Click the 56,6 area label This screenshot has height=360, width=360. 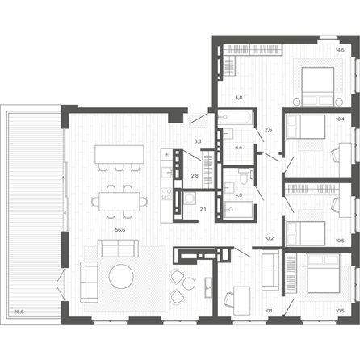pyautogui.click(x=120, y=230)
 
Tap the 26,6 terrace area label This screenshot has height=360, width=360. pyautogui.click(x=19, y=312)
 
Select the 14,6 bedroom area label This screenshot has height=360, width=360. pyautogui.click(x=340, y=50)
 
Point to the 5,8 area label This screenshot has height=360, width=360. pyautogui.click(x=239, y=98)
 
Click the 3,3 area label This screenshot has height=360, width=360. pyautogui.click(x=198, y=140)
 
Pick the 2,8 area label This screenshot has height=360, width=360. pyautogui.click(x=195, y=176)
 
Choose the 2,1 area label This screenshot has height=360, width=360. pyautogui.click(x=203, y=209)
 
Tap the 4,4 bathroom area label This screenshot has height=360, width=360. pyautogui.click(x=238, y=147)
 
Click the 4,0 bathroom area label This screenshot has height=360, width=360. pyautogui.click(x=238, y=195)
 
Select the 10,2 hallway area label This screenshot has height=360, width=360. pyautogui.click(x=269, y=238)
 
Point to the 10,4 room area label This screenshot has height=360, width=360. pyautogui.click(x=340, y=119)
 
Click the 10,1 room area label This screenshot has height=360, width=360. pyautogui.click(x=269, y=311)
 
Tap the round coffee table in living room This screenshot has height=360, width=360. pyautogui.click(x=121, y=276)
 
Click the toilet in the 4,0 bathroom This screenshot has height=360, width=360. pyautogui.click(x=243, y=177)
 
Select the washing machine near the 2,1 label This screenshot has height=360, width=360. pyautogui.click(x=190, y=199)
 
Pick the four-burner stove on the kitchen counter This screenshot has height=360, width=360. pyautogui.click(x=166, y=194)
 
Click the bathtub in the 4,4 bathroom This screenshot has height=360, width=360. pyautogui.click(x=235, y=117)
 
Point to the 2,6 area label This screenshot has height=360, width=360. pyautogui.click(x=268, y=129)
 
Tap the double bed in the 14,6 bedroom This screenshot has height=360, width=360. pyautogui.click(x=318, y=86)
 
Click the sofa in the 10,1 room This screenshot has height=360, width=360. pyautogui.click(x=270, y=270)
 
